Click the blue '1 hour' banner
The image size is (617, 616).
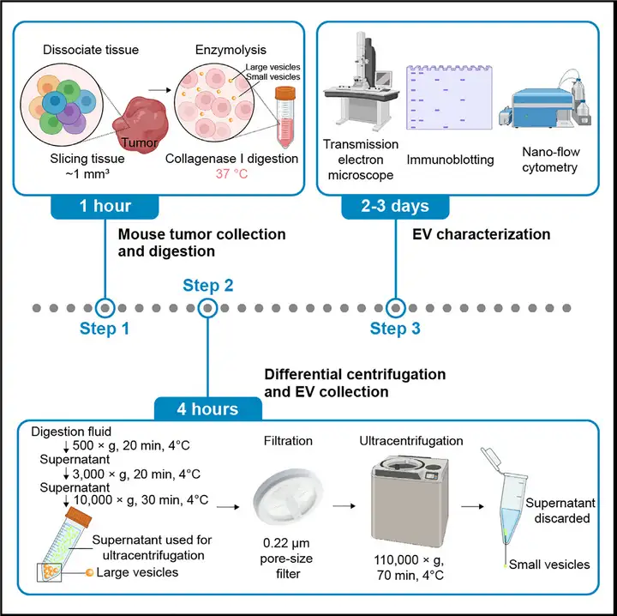coord(104,207)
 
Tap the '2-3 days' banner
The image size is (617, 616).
coord(397,207)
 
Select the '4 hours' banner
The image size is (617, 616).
coord(208,408)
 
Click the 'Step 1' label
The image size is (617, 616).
coord(104,329)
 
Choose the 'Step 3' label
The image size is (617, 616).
coord(395,329)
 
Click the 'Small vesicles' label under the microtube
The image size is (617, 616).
coord(549,564)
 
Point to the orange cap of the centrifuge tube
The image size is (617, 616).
coord(80,516)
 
